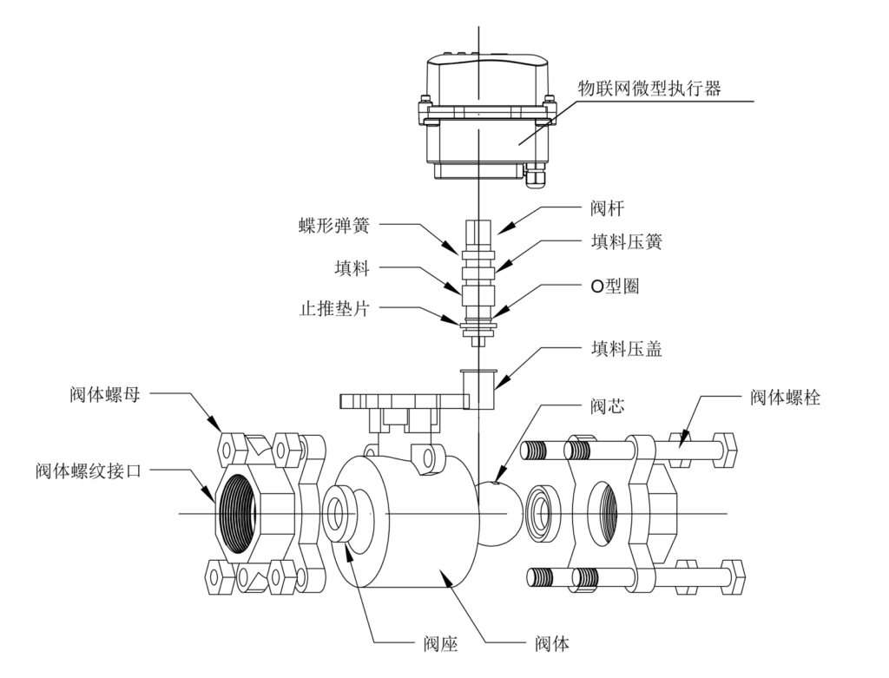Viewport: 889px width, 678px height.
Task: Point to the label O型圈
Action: point(615,286)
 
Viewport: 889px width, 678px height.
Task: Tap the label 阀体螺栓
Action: point(785,398)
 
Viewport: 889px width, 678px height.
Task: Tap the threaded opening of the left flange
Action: point(238,514)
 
